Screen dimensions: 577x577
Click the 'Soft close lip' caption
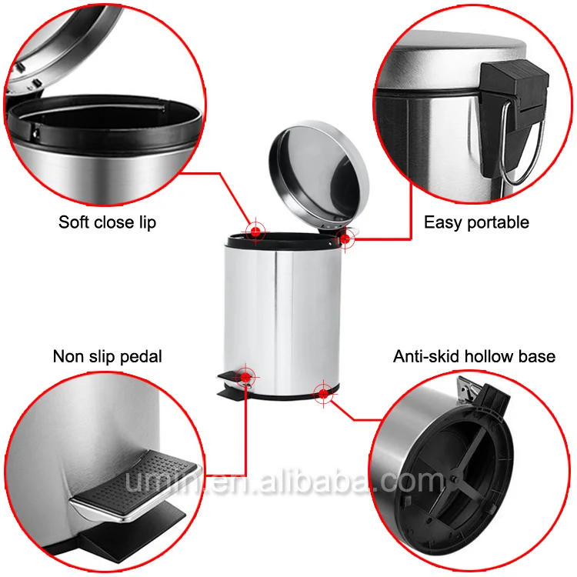[x=108, y=222]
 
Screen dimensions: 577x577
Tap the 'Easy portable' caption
[x=476, y=222]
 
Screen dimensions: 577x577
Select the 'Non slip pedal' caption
[x=107, y=356]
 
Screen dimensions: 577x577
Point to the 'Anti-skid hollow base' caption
[x=474, y=356]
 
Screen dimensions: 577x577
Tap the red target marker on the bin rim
[x=255, y=230]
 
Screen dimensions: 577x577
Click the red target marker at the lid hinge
[x=345, y=238]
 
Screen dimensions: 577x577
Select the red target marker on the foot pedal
[x=245, y=376]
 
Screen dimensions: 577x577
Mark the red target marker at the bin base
[x=324, y=394]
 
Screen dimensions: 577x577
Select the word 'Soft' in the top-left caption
[x=73, y=222]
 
